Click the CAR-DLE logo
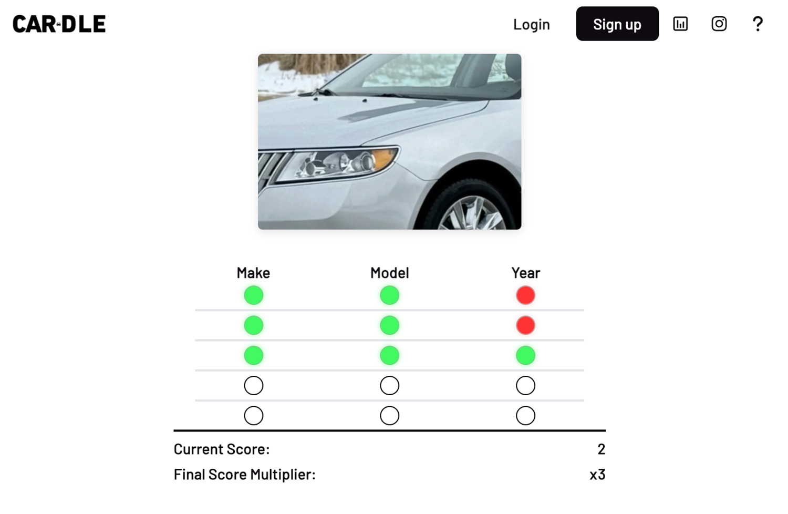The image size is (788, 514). [59, 24]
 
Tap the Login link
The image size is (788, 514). [531, 24]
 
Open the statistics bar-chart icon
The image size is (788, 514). [680, 24]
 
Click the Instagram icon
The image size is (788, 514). [719, 24]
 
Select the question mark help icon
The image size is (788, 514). [758, 24]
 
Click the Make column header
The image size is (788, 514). [253, 273]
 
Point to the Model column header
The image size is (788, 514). [389, 273]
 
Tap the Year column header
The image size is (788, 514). [525, 273]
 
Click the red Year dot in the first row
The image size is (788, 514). [525, 295]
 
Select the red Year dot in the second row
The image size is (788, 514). [525, 325]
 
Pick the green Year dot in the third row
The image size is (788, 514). [525, 355]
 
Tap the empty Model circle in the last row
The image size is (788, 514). [389, 406]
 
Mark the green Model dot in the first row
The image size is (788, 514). [389, 295]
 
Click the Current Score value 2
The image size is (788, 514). [601, 449]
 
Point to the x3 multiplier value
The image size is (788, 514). [597, 475]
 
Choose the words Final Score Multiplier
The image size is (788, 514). [244, 475]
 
